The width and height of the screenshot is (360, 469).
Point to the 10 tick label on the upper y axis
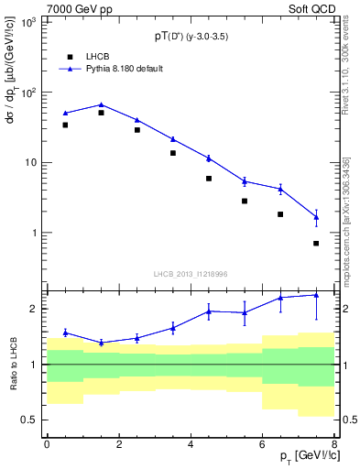point(33,163)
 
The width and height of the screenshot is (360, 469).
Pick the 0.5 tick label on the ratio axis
point(31,420)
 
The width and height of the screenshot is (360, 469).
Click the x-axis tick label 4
point(191,444)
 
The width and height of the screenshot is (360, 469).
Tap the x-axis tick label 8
point(334,444)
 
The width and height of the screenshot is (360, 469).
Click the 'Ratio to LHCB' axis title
point(13,364)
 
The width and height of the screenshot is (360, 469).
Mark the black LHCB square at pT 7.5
point(316,244)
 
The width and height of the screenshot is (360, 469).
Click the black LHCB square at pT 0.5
point(65,125)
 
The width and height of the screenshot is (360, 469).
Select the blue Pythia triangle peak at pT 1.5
point(101,104)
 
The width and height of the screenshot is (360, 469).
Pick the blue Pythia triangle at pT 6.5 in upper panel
point(280,189)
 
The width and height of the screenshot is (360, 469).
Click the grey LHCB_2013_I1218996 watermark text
point(191,273)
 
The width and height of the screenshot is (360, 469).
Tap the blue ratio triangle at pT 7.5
point(316,295)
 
